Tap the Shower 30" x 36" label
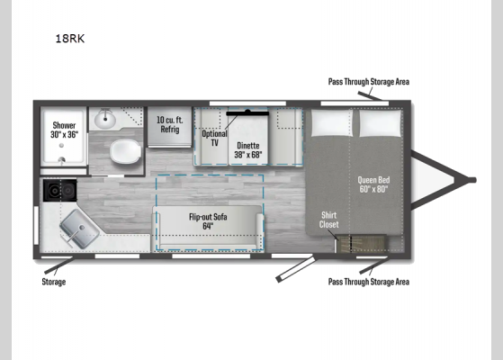[64, 129]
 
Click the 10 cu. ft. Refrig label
[169, 124]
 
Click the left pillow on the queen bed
[331, 123]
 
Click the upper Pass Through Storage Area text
[369, 82]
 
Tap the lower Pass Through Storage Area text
[369, 282]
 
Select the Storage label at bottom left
[54, 282]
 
